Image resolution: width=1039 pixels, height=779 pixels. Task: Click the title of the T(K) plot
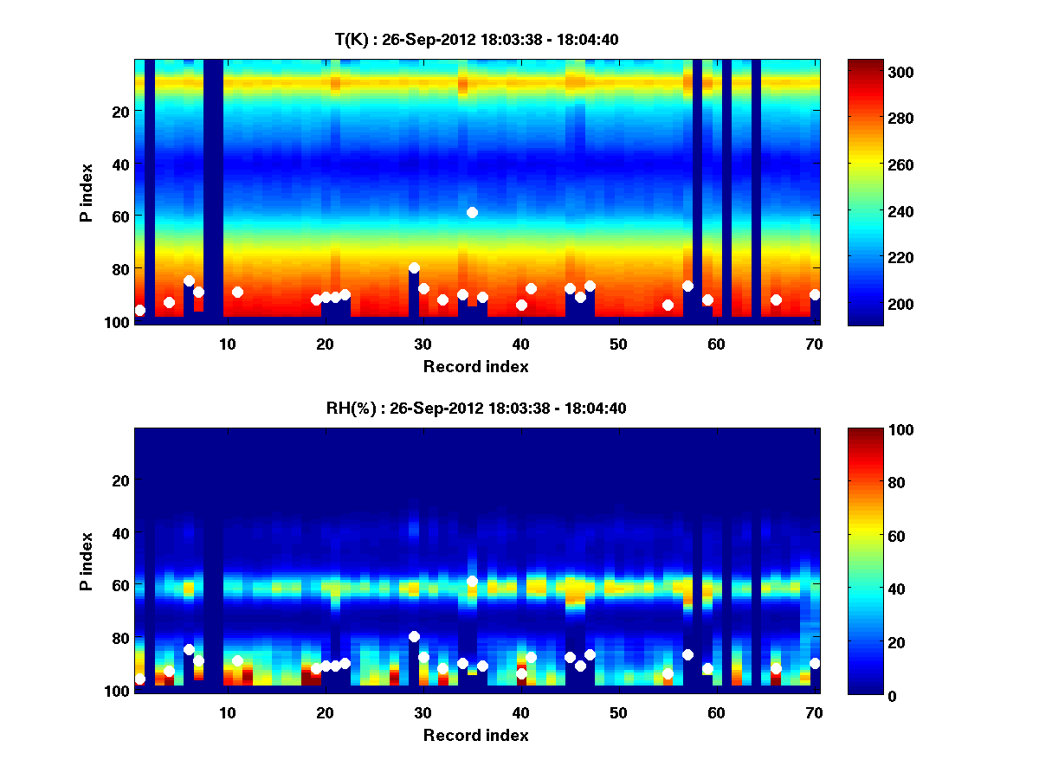(476, 39)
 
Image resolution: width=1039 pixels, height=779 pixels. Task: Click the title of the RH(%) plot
(476, 409)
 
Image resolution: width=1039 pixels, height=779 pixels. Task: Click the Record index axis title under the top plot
(476, 366)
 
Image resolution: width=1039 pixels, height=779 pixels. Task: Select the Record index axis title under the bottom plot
(476, 735)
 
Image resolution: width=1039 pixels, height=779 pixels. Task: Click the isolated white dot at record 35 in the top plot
(472, 212)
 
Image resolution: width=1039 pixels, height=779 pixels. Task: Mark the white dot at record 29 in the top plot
(414, 268)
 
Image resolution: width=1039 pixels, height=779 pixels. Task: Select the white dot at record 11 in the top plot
(237, 292)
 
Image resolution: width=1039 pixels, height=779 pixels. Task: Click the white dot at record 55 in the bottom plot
(668, 673)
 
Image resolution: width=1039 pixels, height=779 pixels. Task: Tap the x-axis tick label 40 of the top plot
(520, 344)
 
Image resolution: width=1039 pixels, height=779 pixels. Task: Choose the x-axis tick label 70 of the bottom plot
(814, 712)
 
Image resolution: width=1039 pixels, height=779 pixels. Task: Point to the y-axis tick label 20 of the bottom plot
(120, 480)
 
